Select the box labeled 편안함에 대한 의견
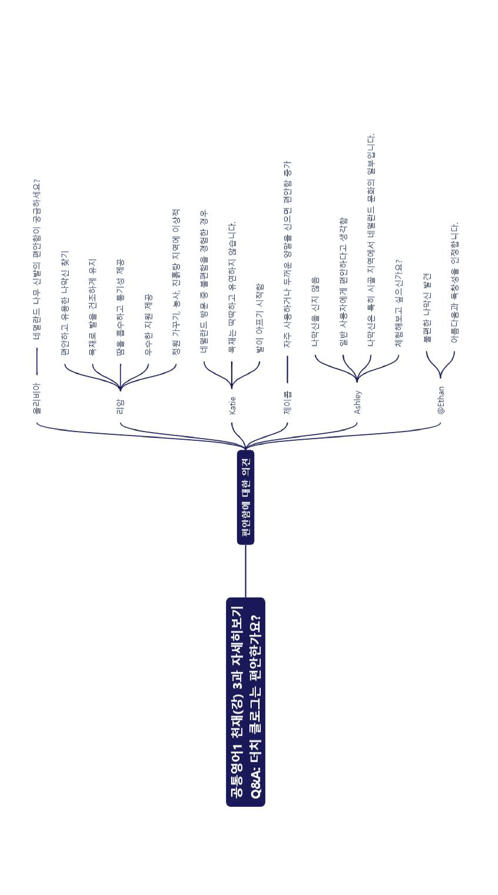click(245, 497)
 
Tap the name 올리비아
click(36, 398)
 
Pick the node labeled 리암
click(120, 407)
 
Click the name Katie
click(232, 406)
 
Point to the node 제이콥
click(287, 403)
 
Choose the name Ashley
click(357, 402)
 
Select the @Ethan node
click(441, 400)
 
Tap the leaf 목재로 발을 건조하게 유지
click(92, 307)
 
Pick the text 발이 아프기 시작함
click(260, 318)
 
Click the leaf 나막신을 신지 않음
click(315, 312)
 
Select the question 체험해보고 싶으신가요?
click(399, 303)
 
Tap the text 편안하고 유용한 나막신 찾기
click(65, 302)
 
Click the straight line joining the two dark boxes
click(245, 571)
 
